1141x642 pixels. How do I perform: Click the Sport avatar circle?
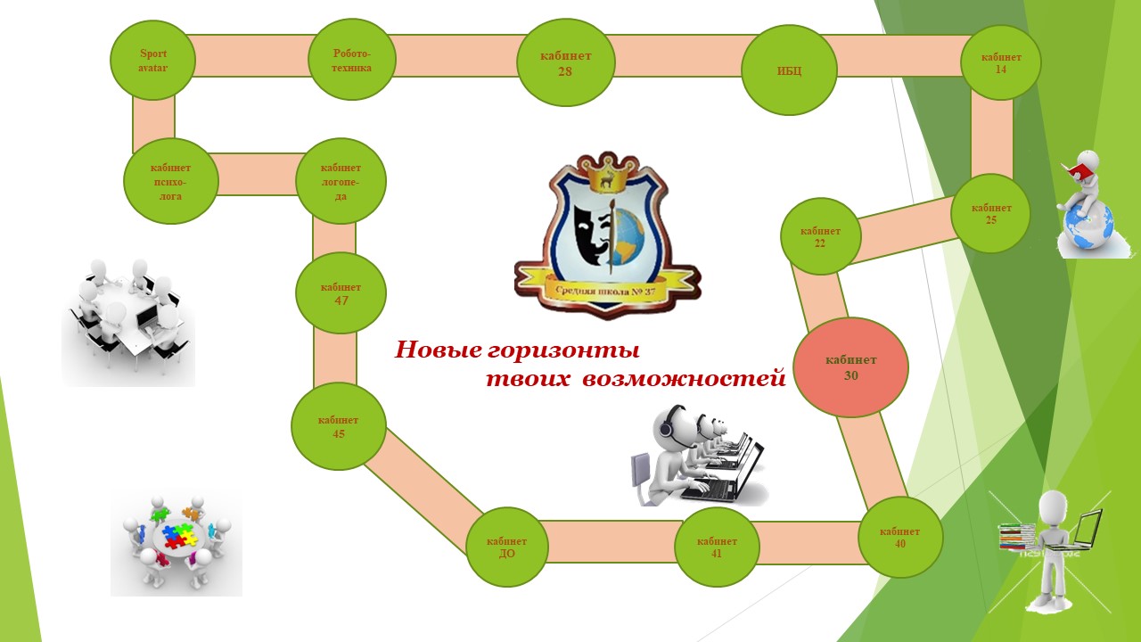tap(152, 61)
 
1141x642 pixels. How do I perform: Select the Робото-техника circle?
tap(351, 61)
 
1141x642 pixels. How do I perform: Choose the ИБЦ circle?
tap(789, 70)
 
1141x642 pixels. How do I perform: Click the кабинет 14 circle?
tap(1000, 62)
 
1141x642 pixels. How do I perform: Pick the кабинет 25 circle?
tap(990, 213)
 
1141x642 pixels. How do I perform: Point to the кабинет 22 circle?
tap(820, 236)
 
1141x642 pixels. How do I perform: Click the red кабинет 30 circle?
tap(850, 367)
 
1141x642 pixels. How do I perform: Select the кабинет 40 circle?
tap(899, 538)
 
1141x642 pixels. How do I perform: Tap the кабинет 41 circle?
tap(717, 547)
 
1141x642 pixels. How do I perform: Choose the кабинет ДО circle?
tap(506, 547)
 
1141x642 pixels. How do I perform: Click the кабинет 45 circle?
tap(338, 427)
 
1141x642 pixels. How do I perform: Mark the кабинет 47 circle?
tap(341, 293)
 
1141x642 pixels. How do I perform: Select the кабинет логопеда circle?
tap(341, 181)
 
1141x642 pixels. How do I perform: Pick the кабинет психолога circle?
tap(170, 181)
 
